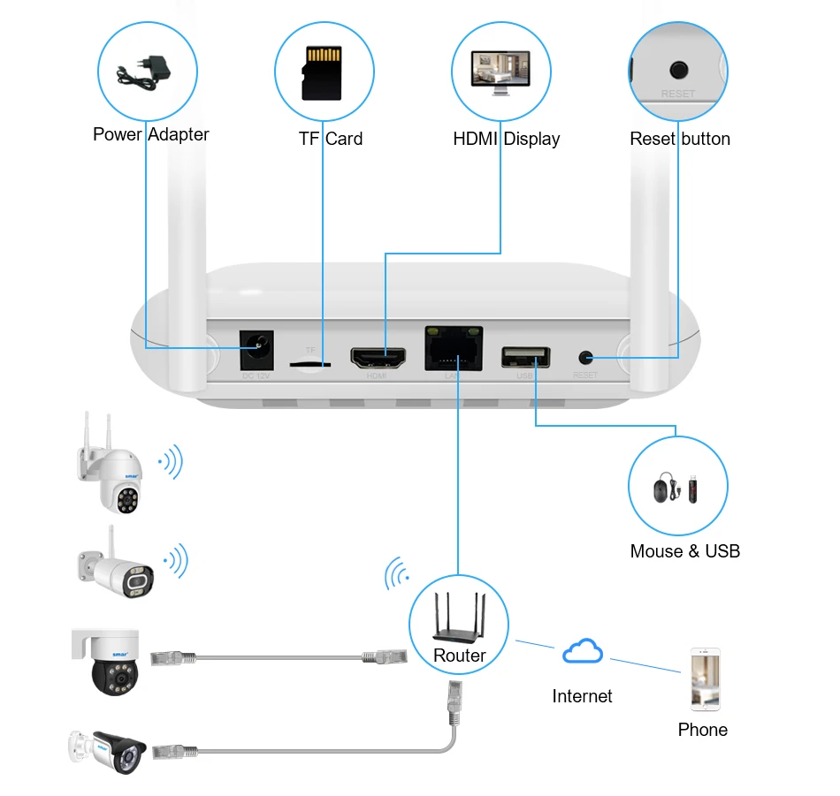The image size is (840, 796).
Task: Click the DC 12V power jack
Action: click(x=257, y=351)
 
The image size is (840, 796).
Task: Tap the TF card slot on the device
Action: click(x=311, y=362)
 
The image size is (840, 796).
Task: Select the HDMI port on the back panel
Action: click(x=380, y=358)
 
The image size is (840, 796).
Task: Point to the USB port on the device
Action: click(x=525, y=357)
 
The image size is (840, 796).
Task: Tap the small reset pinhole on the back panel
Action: click(x=585, y=358)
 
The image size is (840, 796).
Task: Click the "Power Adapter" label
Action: click(x=151, y=134)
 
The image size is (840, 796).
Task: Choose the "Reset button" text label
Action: click(x=680, y=139)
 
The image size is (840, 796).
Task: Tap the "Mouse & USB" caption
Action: click(x=684, y=551)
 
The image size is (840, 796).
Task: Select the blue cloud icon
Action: click(x=583, y=653)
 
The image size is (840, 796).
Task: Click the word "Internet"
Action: click(x=582, y=696)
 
